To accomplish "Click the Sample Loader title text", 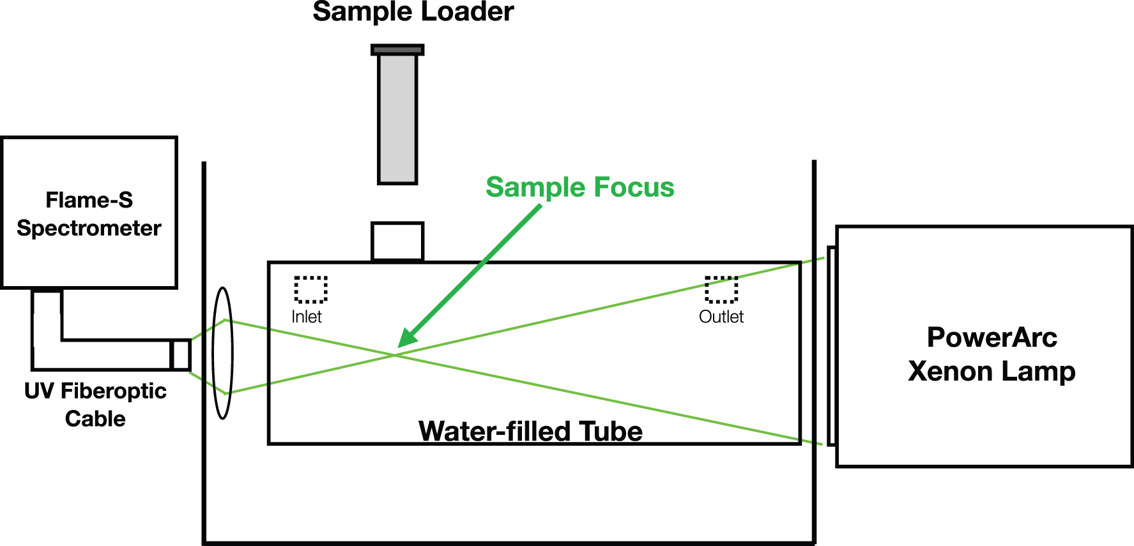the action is (413, 12).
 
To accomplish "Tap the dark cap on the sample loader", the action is (397, 49).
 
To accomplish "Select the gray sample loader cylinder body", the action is (397, 119).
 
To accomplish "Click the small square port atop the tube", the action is (397, 241).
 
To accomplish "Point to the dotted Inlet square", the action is (310, 289).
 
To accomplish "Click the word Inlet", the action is (307, 317).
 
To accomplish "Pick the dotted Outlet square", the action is (721, 289).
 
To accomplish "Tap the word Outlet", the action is (721, 317).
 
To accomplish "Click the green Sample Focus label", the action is (580, 187).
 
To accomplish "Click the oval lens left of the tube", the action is (222, 353).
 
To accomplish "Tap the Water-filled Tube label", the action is (530, 431).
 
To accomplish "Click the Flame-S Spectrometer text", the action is (89, 214).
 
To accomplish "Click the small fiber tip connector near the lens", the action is (181, 354).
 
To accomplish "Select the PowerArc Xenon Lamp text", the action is (992, 354).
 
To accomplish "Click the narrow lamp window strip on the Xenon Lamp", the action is (832, 345).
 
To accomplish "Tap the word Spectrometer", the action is (89, 229).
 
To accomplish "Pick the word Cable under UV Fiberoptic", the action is (95, 419).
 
